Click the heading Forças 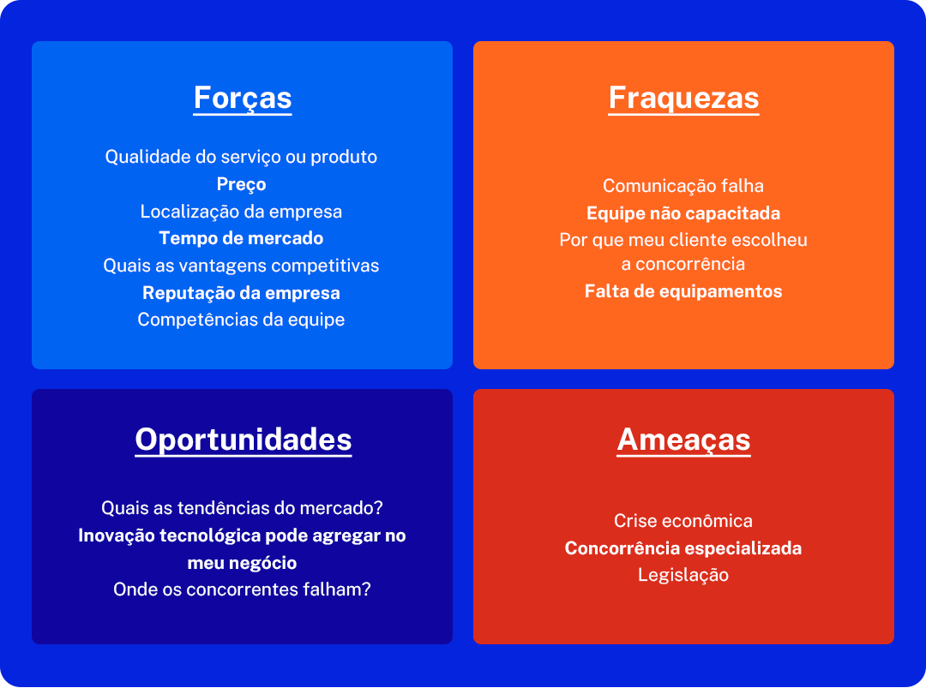tap(243, 98)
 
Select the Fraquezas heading tap(683, 98)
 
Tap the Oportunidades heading tap(243, 440)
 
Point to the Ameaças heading tap(683, 440)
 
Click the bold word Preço tap(241, 184)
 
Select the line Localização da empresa tap(241, 212)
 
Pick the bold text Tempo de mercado tap(241, 238)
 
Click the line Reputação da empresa tap(241, 293)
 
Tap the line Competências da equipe tap(241, 320)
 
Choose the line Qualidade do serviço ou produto tap(241, 157)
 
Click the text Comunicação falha tap(683, 186)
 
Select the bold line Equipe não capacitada tap(683, 213)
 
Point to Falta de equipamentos tap(683, 291)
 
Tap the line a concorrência tap(683, 264)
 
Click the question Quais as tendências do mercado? tap(242, 508)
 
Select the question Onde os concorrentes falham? tap(242, 589)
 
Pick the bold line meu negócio tap(242, 563)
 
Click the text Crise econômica tap(683, 521)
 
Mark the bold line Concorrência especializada tap(683, 548)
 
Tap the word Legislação tap(683, 575)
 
